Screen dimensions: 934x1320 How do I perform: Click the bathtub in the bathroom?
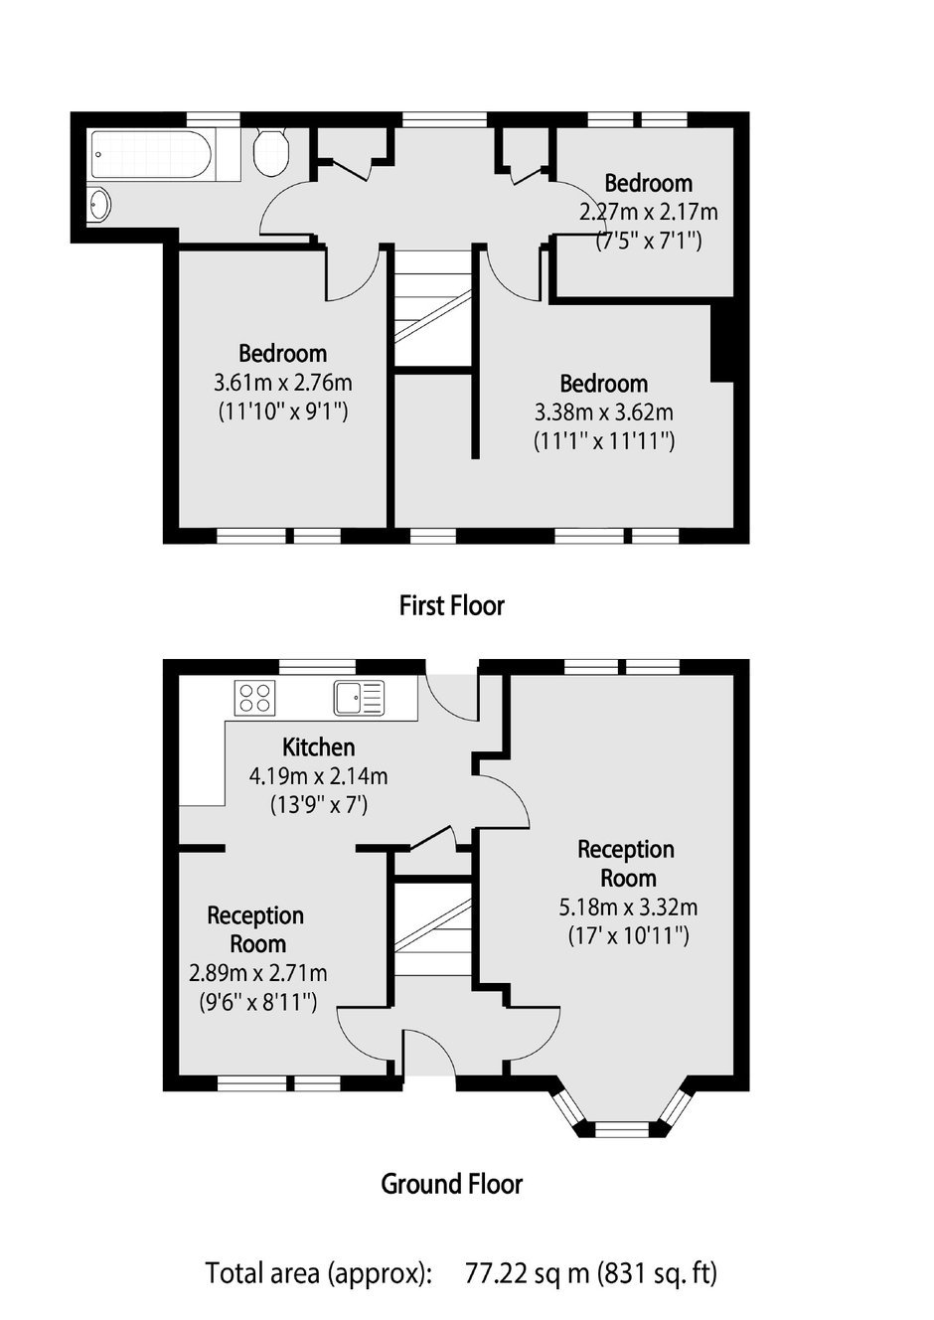point(151,154)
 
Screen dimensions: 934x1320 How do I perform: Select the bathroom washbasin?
point(98,205)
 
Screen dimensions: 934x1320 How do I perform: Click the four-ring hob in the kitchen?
point(254,698)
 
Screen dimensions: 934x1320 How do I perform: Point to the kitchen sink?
point(359,699)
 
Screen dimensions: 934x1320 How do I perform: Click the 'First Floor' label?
point(452,605)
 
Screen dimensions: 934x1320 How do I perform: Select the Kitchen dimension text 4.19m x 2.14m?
point(319,776)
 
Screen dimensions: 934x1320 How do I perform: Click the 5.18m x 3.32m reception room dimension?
point(628,907)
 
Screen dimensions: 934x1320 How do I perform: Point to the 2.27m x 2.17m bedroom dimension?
point(649,212)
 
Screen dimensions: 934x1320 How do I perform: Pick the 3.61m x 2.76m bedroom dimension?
point(282,383)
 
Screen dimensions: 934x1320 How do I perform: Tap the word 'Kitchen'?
point(319,747)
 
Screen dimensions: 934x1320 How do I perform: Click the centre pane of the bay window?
point(622,1128)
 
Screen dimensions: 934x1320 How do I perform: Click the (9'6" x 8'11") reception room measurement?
point(258,1002)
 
